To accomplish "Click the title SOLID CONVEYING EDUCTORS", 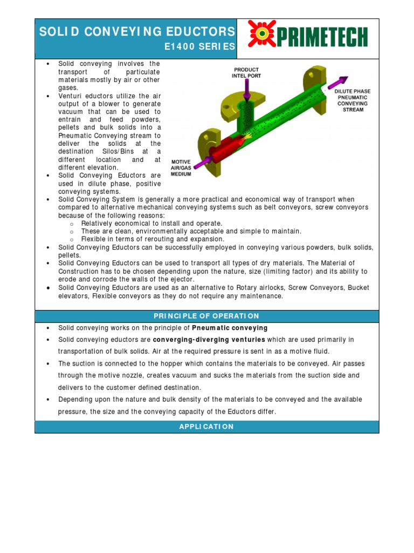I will [137, 31].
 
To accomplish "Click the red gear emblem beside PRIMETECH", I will [262, 33].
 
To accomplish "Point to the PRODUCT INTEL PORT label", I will [246, 72].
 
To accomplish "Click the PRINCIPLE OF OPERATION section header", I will [207, 316].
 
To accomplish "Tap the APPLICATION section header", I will [207, 427].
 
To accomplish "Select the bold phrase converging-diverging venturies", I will [209, 340].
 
